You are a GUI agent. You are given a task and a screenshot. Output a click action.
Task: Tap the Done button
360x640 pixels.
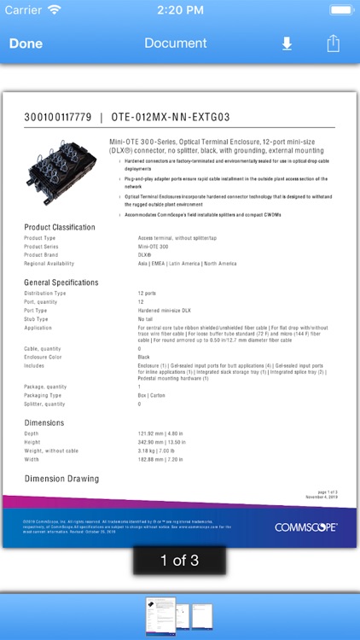26,44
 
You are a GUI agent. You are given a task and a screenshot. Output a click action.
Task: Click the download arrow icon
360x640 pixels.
287,44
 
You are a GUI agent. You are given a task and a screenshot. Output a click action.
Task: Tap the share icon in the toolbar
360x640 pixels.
334,43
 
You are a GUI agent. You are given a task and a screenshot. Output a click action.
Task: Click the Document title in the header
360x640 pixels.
176,44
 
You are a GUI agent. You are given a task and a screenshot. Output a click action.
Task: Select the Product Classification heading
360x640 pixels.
60,227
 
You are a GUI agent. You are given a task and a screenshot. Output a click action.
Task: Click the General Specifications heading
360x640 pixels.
61,282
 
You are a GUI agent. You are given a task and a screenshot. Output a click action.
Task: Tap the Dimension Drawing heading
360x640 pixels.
61,480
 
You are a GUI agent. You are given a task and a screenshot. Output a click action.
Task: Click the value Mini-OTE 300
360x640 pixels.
154,246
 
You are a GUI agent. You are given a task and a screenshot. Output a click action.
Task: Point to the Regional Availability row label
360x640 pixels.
49,264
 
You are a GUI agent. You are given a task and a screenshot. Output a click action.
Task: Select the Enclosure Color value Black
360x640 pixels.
144,357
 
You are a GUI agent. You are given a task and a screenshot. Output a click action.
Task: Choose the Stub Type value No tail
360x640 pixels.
145,318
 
